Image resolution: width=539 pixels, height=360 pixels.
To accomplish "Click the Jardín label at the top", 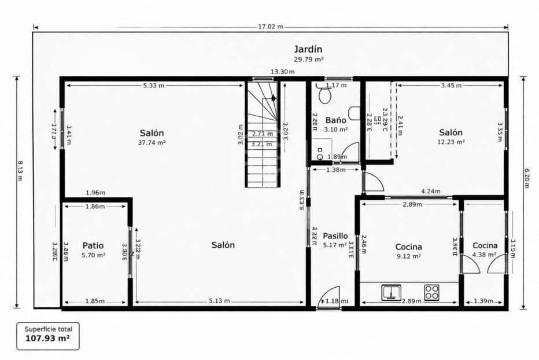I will click(x=307, y=49).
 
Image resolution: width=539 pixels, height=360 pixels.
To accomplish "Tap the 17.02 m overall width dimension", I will click(x=271, y=27).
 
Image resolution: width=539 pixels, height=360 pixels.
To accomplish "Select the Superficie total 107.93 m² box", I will click(x=48, y=335).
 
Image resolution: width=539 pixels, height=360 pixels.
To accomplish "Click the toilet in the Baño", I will click(x=324, y=95).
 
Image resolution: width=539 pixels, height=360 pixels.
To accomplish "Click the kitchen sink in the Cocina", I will click(x=392, y=293).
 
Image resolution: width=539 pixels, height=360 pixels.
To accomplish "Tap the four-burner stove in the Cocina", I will click(x=431, y=292).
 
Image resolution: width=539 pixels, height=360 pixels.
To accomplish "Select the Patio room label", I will click(x=93, y=245).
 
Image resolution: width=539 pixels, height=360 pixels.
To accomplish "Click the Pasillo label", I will click(x=335, y=236).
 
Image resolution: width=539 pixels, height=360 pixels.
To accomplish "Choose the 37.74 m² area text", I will click(x=152, y=142).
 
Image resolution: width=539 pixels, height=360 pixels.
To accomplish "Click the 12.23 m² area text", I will click(x=451, y=141).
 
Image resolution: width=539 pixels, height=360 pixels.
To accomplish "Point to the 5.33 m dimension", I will click(x=153, y=86).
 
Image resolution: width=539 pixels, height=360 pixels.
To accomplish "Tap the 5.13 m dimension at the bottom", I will click(x=219, y=301).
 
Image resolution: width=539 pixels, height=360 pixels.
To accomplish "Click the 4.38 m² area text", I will click(x=485, y=255).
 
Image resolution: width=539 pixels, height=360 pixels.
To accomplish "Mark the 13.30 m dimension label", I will click(x=282, y=72).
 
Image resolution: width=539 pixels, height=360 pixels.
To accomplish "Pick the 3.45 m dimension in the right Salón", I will click(x=451, y=86).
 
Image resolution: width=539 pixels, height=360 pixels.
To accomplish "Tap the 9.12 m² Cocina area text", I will click(x=408, y=256).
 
